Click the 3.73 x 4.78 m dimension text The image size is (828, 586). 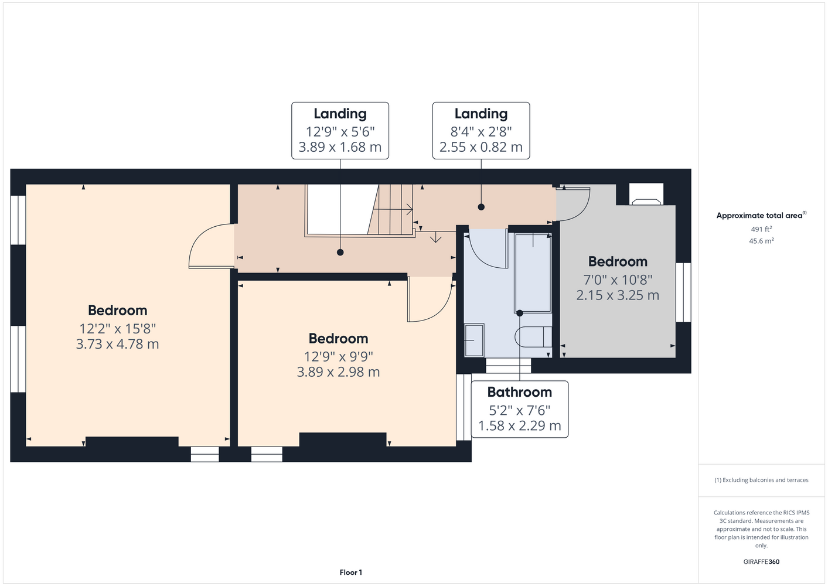click(118, 344)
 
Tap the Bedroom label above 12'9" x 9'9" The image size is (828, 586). click(338, 338)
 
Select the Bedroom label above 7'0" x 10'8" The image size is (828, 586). click(618, 261)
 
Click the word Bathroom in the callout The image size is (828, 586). click(519, 392)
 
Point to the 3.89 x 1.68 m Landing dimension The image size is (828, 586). click(340, 146)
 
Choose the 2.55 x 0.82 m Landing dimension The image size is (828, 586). click(481, 146)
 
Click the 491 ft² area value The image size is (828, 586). click(761, 229)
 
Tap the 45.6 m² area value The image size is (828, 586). click(761, 241)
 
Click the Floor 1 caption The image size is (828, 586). click(351, 573)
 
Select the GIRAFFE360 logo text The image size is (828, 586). click(761, 561)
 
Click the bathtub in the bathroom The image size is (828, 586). click(533, 273)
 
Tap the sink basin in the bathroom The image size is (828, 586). click(474, 340)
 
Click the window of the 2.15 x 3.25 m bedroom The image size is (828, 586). click(683, 292)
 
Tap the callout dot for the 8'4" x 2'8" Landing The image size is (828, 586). click(481, 207)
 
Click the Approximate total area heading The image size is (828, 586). click(761, 215)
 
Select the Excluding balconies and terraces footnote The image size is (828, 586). click(761, 480)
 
